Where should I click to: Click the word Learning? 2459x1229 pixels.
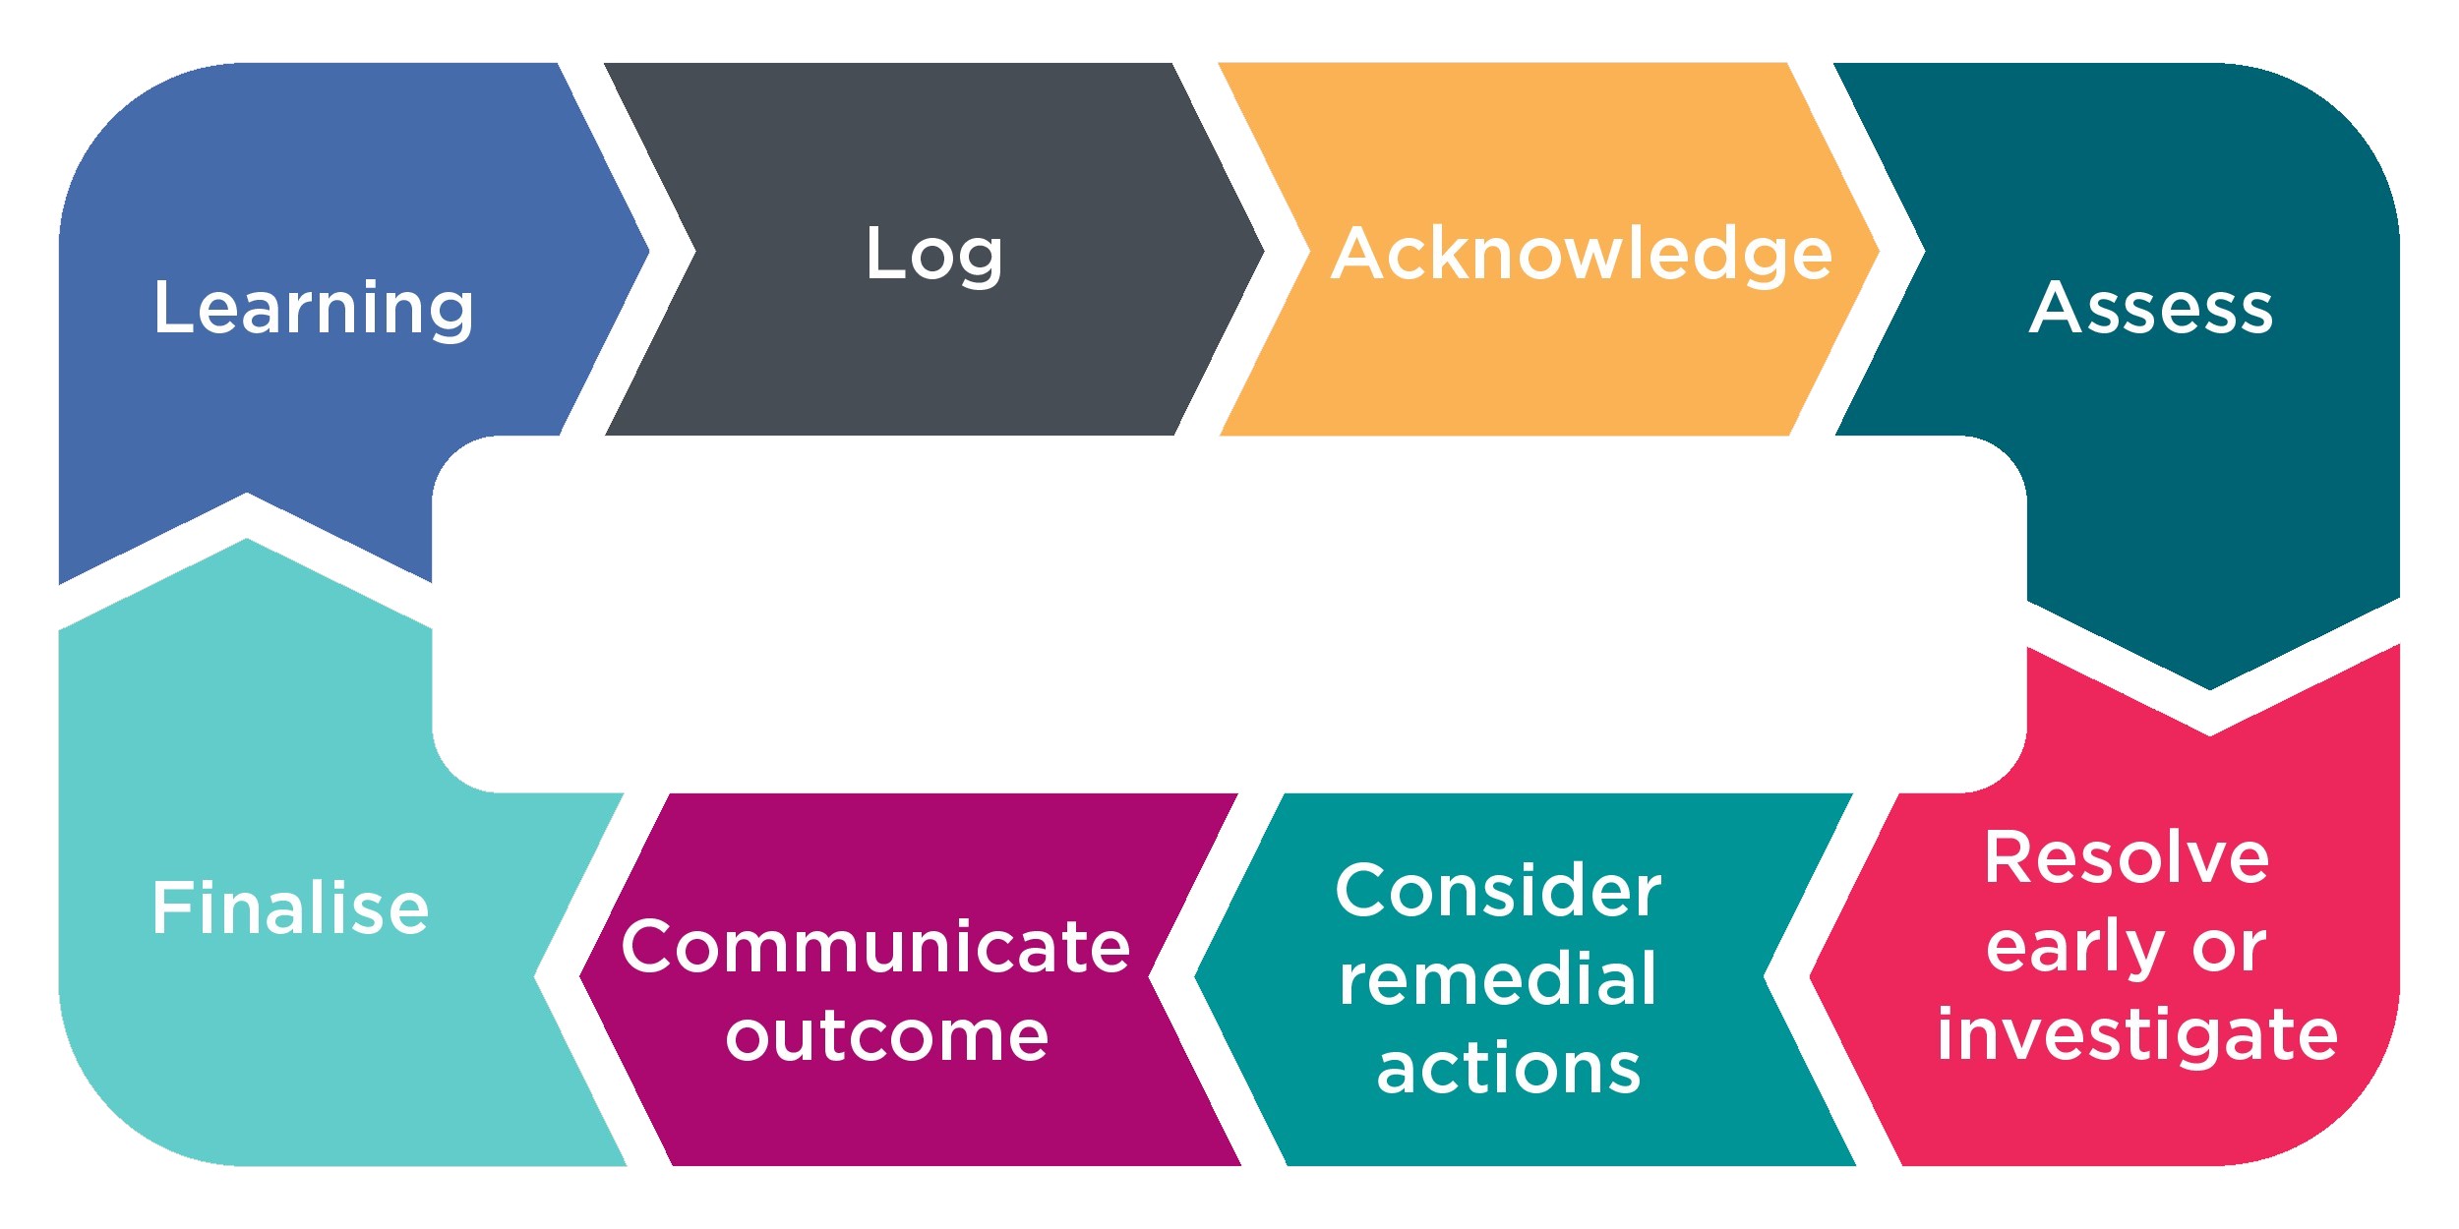(x=313, y=309)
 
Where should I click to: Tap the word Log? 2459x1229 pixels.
(x=933, y=254)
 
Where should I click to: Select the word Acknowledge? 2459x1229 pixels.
(x=1581, y=254)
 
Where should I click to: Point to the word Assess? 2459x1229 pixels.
(x=2151, y=309)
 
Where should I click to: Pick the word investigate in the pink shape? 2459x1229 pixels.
(x=2136, y=1035)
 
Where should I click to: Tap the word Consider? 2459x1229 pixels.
(x=1498, y=891)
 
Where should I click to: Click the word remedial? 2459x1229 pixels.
(x=1498, y=979)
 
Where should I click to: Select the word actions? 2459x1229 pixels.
(x=1509, y=1069)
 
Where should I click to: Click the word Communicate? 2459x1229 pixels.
(x=875, y=947)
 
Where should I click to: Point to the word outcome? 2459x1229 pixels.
(x=887, y=1036)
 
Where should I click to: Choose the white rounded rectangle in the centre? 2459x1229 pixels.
(x=1229, y=614)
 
